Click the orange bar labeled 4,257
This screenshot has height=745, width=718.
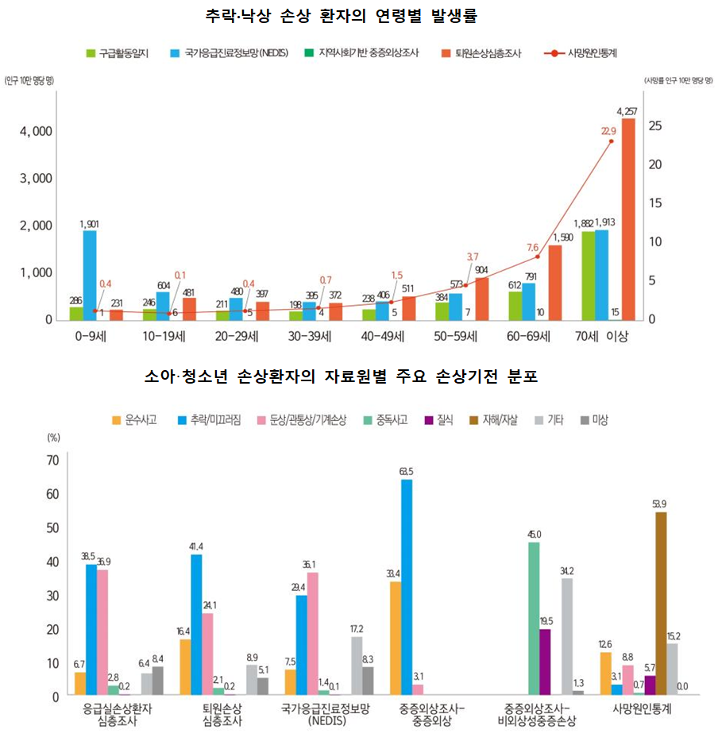point(628,219)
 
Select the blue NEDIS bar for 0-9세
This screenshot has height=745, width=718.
point(90,275)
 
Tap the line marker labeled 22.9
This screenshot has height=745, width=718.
point(611,141)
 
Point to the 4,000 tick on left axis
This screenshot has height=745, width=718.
point(37,131)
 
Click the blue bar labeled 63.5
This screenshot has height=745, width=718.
point(407,587)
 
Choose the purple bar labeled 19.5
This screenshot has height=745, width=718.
point(545,662)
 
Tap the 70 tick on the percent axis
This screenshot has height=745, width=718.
point(54,461)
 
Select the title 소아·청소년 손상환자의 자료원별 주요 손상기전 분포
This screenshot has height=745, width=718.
point(341,376)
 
